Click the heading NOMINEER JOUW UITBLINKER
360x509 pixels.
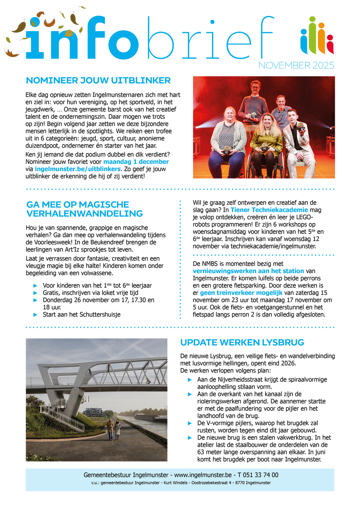98,81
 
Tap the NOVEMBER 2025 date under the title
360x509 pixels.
296,65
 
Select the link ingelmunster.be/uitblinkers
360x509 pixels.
78,169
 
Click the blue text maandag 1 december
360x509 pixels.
136,162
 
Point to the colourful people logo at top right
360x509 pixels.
317,36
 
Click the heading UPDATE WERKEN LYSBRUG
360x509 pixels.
242,343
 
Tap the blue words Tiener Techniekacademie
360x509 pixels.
269,210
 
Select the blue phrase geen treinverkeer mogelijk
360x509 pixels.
241,293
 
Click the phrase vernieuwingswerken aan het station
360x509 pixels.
248,271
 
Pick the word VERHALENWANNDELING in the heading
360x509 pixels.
85,214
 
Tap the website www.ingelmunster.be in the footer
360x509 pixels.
203,475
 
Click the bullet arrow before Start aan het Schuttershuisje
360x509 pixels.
35,315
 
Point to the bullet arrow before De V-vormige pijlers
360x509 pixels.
190,423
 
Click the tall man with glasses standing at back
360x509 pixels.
254,102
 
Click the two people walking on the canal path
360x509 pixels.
114,429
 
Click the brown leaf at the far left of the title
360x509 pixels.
12,53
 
